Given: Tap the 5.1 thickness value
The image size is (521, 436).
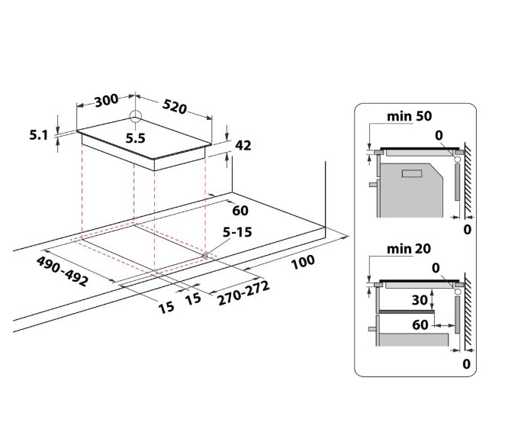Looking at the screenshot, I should click(39, 136).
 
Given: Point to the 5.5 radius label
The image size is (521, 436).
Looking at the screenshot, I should click(135, 139).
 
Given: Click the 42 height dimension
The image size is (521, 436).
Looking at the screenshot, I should click(243, 146).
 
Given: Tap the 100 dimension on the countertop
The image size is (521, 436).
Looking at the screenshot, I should click(303, 262).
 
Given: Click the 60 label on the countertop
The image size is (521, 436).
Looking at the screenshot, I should click(241, 210).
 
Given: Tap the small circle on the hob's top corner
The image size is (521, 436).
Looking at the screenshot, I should click(135, 117).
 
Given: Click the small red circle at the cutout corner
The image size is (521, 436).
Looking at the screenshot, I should click(207, 255).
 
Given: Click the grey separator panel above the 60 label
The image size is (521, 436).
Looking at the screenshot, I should click(407, 312).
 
